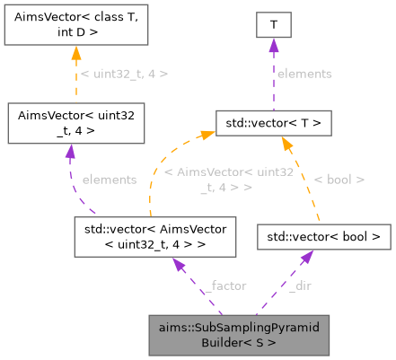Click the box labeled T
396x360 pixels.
click(273, 24)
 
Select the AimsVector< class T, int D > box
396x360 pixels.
click(71, 24)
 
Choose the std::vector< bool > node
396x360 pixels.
click(324, 237)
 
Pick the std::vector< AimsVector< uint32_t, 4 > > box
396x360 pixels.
click(155, 237)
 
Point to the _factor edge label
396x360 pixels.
click(223, 285)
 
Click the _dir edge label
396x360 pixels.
click(300, 285)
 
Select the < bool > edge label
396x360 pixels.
click(339, 180)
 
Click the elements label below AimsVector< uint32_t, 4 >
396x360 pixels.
click(109, 180)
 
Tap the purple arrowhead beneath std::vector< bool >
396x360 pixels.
click(307, 258)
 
